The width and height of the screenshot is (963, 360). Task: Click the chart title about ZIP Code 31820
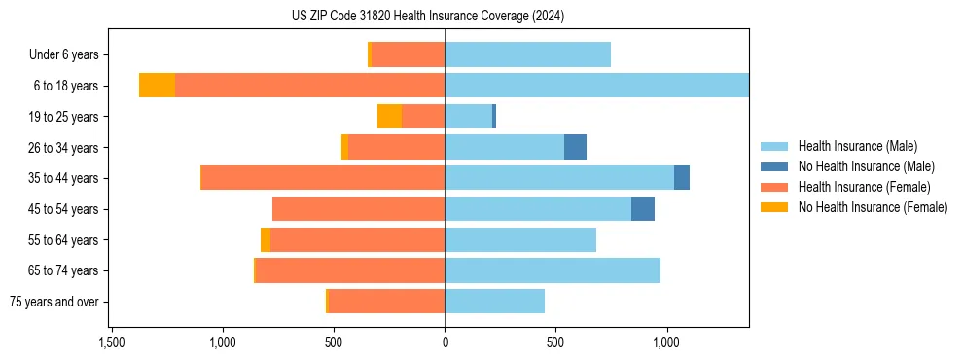[x=427, y=17]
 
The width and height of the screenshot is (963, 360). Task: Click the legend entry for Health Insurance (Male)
[x=857, y=146]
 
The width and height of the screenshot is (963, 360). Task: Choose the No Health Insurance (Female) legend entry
[x=873, y=207]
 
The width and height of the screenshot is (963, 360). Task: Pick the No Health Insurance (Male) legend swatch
[x=774, y=166]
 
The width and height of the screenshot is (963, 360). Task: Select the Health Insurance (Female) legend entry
[x=864, y=187]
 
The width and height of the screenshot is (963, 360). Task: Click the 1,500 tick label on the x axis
[x=111, y=342]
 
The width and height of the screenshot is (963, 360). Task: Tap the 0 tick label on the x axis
[x=445, y=342]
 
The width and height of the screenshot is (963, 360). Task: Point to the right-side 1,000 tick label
[x=666, y=342]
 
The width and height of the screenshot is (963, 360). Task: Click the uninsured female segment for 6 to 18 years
[x=157, y=86]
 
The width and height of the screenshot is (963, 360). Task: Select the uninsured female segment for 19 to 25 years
[x=389, y=117]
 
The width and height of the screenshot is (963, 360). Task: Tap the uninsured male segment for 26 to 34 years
[x=575, y=147]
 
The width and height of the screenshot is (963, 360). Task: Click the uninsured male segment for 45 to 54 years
[x=642, y=209]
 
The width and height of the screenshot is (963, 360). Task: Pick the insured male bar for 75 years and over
[x=494, y=302]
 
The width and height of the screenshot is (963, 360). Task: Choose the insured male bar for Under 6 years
[x=527, y=54]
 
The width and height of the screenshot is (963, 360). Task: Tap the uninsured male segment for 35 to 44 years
[x=682, y=178]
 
